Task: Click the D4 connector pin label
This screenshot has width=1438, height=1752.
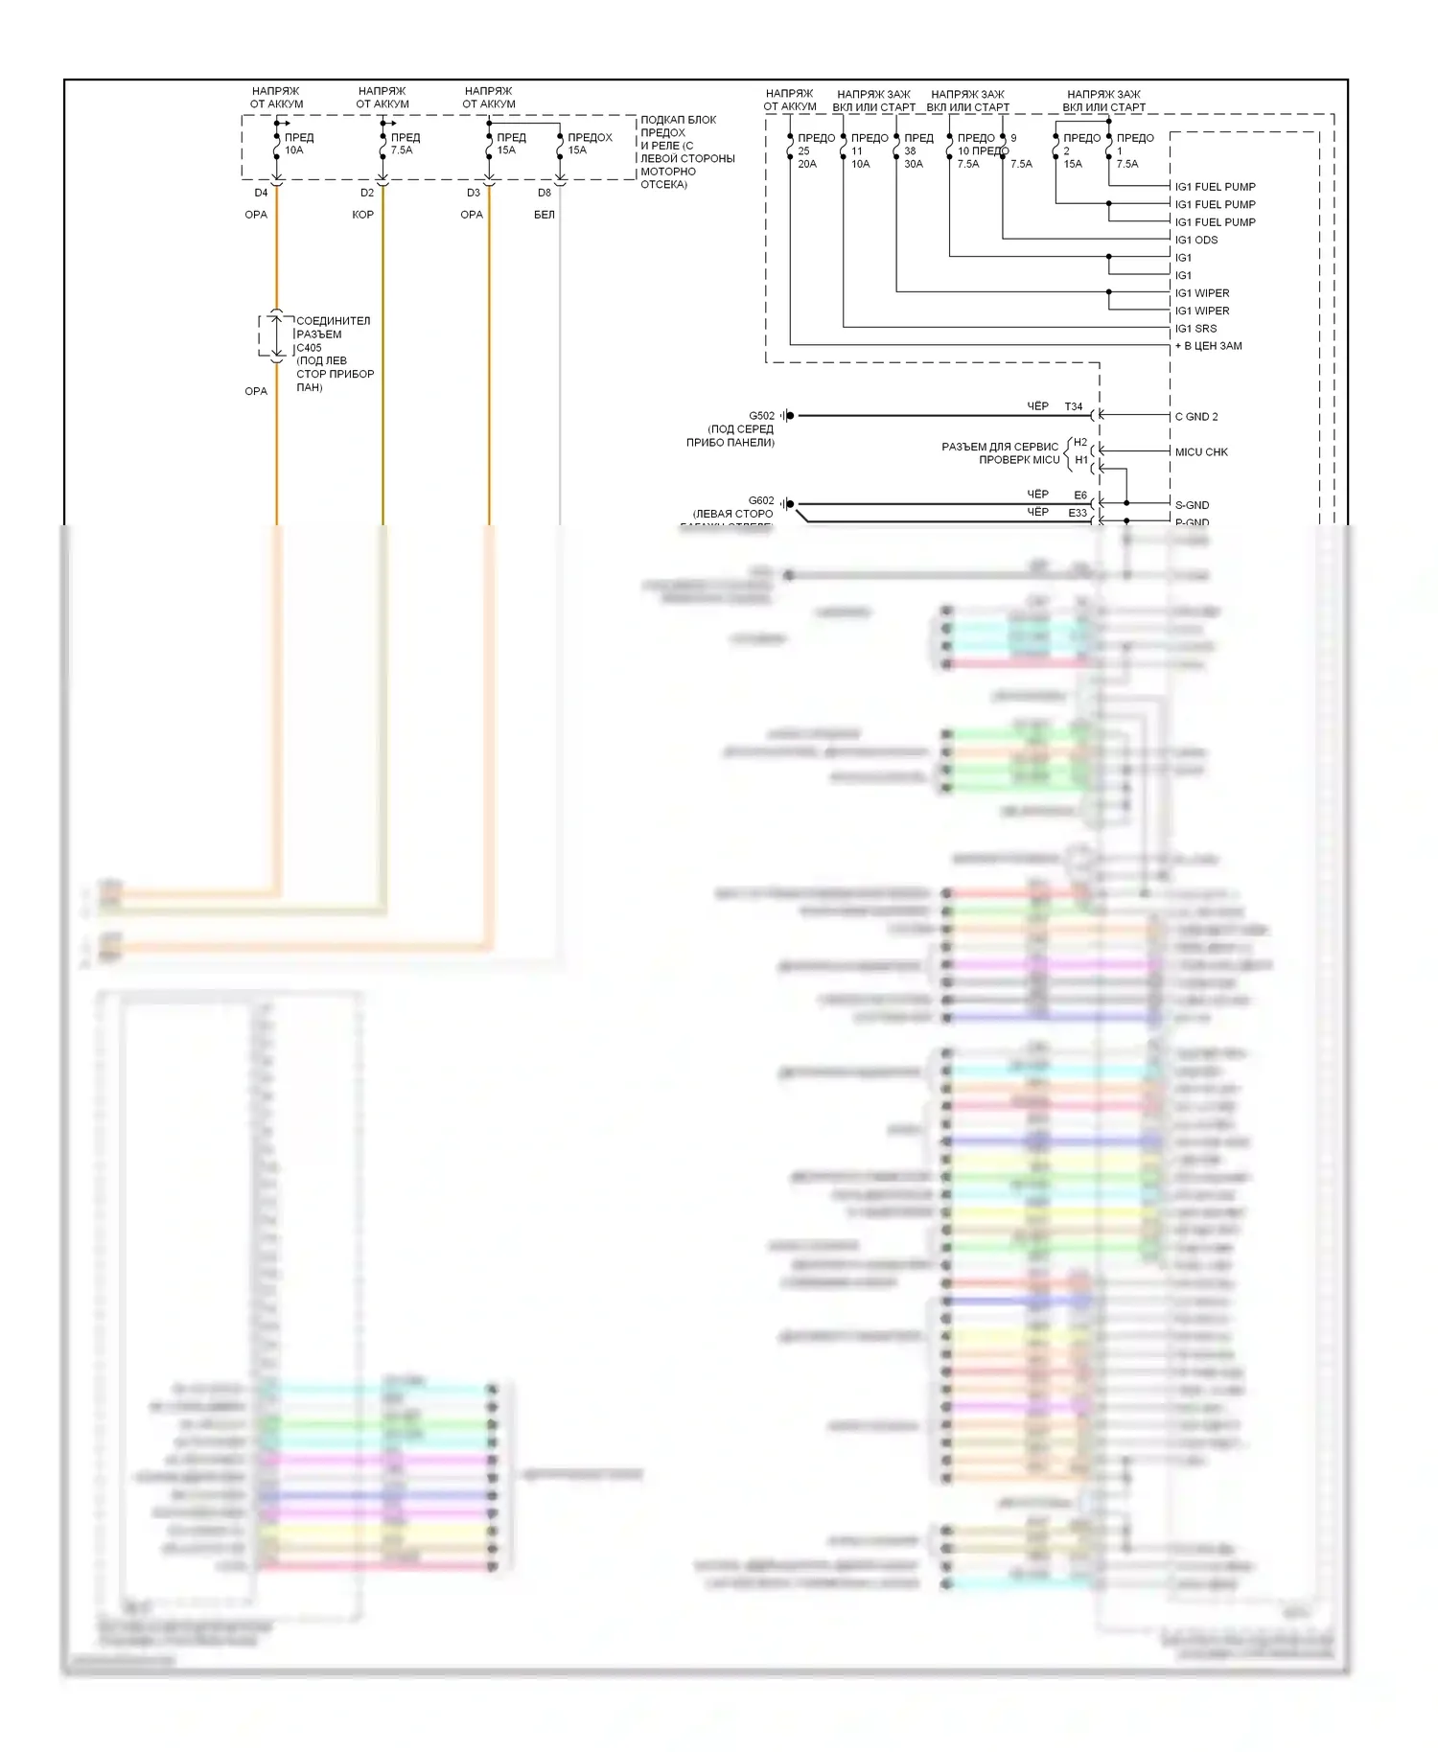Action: click(261, 193)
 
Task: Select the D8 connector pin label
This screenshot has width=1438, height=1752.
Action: click(545, 193)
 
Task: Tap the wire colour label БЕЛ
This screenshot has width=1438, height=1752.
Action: click(545, 215)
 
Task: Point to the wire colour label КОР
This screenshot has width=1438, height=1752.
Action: click(362, 215)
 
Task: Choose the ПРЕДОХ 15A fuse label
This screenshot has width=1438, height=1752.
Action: click(589, 144)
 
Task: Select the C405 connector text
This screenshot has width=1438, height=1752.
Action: click(309, 348)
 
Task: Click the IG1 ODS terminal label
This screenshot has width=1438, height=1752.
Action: click(1196, 240)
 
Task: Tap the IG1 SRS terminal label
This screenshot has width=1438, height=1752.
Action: click(1195, 328)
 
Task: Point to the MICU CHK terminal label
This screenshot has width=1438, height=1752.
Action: click(1201, 451)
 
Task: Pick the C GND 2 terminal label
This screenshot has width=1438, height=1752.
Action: click(1196, 416)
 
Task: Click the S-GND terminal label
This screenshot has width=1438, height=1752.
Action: click(1192, 505)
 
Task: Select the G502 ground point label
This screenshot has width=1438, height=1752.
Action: click(761, 416)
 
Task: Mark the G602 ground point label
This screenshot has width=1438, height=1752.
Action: click(761, 500)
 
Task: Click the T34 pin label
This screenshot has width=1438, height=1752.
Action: click(1073, 406)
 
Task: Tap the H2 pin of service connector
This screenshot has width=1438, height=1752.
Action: click(1080, 442)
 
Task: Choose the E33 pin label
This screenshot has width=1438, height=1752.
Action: click(1078, 513)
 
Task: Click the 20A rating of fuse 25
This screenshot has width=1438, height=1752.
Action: click(807, 164)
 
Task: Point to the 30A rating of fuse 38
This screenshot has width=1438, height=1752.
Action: click(913, 164)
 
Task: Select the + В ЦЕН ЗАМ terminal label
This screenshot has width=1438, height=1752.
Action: click(1208, 346)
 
